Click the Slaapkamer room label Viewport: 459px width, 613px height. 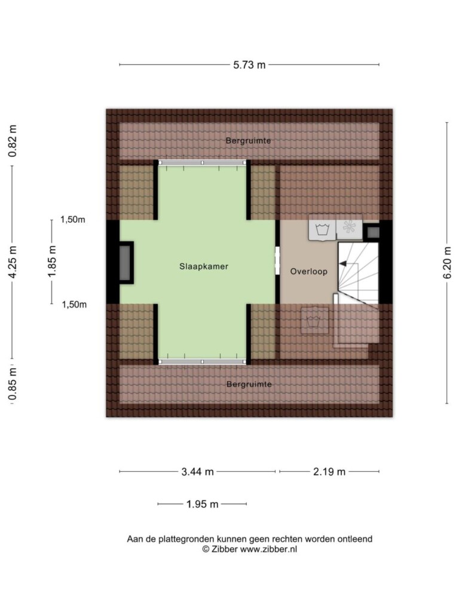pyautogui.click(x=204, y=266)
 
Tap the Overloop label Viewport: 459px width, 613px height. pyautogui.click(x=309, y=271)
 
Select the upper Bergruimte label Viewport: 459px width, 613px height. pyautogui.click(x=248, y=141)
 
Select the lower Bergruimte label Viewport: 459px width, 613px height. pyautogui.click(x=249, y=384)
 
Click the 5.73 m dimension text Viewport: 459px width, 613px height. pyautogui.click(x=249, y=65)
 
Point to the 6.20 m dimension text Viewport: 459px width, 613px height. pyautogui.click(x=447, y=263)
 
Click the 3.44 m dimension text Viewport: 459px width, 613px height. pyautogui.click(x=197, y=472)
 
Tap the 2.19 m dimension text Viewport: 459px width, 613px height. pyautogui.click(x=329, y=472)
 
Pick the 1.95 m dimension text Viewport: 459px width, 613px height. pyautogui.click(x=202, y=504)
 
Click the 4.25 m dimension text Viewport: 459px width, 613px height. pyautogui.click(x=13, y=262)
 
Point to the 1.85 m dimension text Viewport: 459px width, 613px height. pyautogui.click(x=52, y=261)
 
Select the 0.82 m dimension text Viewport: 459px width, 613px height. pyautogui.click(x=13, y=141)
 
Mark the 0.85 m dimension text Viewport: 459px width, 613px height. pyautogui.click(x=13, y=385)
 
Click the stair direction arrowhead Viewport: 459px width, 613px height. pyautogui.click(x=342, y=264)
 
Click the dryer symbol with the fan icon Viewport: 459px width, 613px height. pyautogui.click(x=349, y=227)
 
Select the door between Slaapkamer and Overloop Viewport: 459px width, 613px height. pyautogui.click(x=277, y=261)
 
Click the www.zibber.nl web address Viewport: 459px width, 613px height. pyautogui.click(x=268, y=550)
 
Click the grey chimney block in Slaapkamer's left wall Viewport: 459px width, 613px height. pyautogui.click(x=126, y=263)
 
